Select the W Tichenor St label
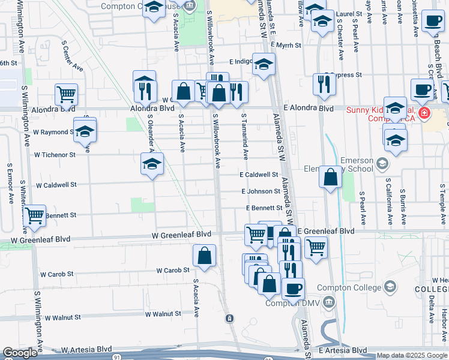point(55,155)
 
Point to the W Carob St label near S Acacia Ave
point(173,271)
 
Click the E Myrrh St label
point(285,45)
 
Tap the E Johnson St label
point(261,191)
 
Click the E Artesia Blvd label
point(343,350)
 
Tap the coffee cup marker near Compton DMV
point(293,289)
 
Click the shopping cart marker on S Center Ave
point(66,94)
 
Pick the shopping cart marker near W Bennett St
point(35,214)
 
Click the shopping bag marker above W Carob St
point(205,254)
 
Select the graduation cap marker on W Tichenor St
point(152,163)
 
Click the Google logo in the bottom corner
point(20,353)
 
